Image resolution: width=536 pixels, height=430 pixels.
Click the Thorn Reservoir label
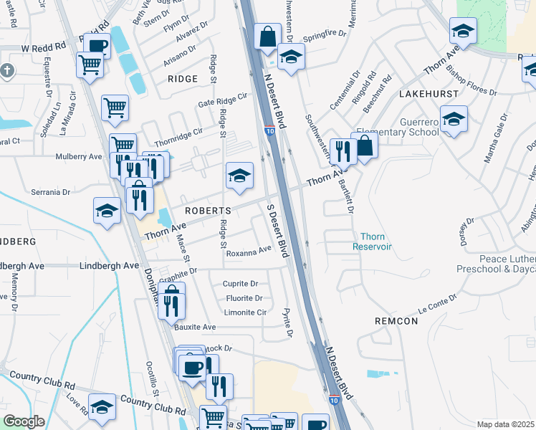(x=373, y=242)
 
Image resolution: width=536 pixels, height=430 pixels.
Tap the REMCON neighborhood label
(x=396, y=321)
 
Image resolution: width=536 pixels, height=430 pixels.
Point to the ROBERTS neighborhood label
(x=208, y=211)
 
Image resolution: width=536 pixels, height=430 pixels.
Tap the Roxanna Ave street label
(x=249, y=251)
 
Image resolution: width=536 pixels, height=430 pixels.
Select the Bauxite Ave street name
(x=195, y=327)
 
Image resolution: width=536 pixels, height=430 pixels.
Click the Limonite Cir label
(x=245, y=312)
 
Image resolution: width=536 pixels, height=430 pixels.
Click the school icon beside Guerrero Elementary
(x=454, y=119)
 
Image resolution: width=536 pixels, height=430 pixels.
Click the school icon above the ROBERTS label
(x=239, y=176)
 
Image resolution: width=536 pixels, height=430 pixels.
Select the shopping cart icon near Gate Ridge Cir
(x=115, y=108)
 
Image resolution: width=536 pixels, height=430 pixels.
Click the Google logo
(x=24, y=421)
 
